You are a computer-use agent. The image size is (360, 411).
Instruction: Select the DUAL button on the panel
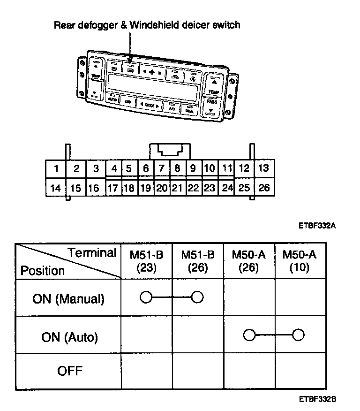[189, 111]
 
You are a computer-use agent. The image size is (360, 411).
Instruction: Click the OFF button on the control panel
[127, 101]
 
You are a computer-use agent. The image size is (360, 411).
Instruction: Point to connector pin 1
[56, 168]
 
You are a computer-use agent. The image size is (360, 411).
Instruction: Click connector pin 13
[264, 168]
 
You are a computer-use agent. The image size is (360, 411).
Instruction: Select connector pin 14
[56, 188]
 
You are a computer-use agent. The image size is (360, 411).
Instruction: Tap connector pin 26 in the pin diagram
[264, 188]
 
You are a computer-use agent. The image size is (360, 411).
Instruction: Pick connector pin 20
[161, 188]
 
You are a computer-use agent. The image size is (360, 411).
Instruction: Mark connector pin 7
[161, 168]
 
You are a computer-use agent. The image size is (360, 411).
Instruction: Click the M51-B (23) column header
[147, 261]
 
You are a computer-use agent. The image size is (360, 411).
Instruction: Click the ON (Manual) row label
[68, 298]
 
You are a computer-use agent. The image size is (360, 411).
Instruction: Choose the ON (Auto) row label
[69, 336]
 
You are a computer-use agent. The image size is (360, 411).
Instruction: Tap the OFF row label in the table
[69, 372]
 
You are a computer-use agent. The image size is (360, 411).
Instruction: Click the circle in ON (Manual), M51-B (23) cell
[146, 297]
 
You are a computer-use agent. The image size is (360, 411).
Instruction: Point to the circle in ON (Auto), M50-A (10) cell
[298, 335]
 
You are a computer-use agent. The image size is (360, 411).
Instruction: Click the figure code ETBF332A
[317, 225]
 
